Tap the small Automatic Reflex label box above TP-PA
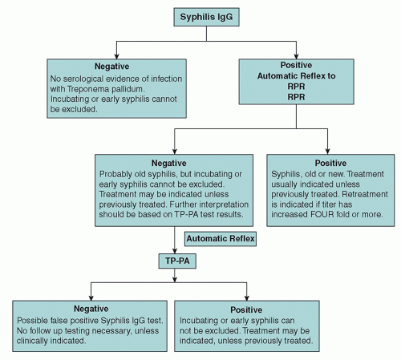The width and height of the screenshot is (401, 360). (220, 238)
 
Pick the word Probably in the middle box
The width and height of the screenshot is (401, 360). (118, 172)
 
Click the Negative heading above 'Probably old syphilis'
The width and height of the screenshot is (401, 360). (173, 162)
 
